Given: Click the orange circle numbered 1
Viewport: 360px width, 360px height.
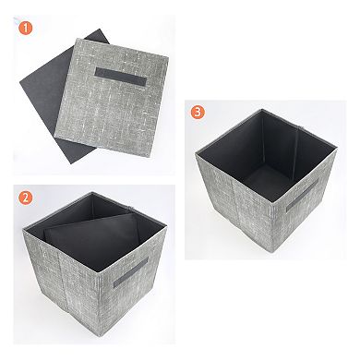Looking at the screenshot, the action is click(26, 28).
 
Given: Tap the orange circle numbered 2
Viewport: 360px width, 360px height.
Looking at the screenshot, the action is click(26, 198).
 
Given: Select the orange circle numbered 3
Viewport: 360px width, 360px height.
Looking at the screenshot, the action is click(198, 112).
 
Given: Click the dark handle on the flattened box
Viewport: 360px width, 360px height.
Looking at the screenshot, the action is click(121, 77).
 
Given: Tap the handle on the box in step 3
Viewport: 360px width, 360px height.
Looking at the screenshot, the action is click(302, 196).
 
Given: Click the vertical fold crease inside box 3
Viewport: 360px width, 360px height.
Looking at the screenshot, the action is click(295, 150).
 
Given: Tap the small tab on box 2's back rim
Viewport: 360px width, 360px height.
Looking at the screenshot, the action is click(131, 209).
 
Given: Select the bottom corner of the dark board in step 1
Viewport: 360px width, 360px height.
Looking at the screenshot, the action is click(72, 163).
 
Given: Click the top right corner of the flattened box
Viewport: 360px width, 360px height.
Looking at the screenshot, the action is click(168, 57).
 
